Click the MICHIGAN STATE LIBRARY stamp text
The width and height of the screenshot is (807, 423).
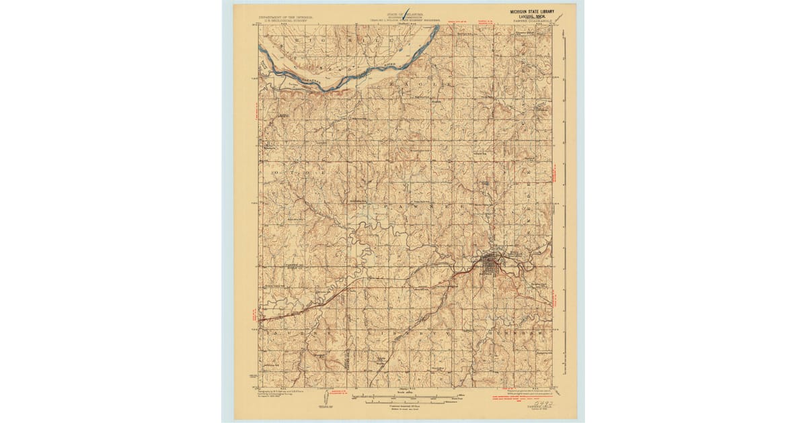[x=530, y=11]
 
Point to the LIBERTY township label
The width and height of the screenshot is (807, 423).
[x=411, y=332]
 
